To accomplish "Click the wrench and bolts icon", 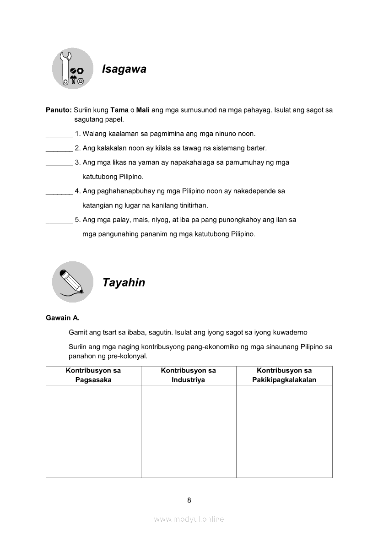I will [x=73, y=69].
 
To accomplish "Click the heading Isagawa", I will [x=124, y=69].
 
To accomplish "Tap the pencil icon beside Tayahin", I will [x=72, y=282].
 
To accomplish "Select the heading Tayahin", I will [x=124, y=282].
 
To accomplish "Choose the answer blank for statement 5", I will [x=59, y=221].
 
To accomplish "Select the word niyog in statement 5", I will [x=149, y=220].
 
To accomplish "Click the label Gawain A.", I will [x=62, y=318].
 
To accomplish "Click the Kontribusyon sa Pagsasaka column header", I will [x=93, y=375].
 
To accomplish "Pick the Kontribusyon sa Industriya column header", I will [x=188, y=375].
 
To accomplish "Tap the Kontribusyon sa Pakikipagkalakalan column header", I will [x=284, y=375].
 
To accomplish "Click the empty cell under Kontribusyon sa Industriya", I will [x=188, y=431].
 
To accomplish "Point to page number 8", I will [x=189, y=500].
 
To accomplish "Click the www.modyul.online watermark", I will [x=189, y=519].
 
